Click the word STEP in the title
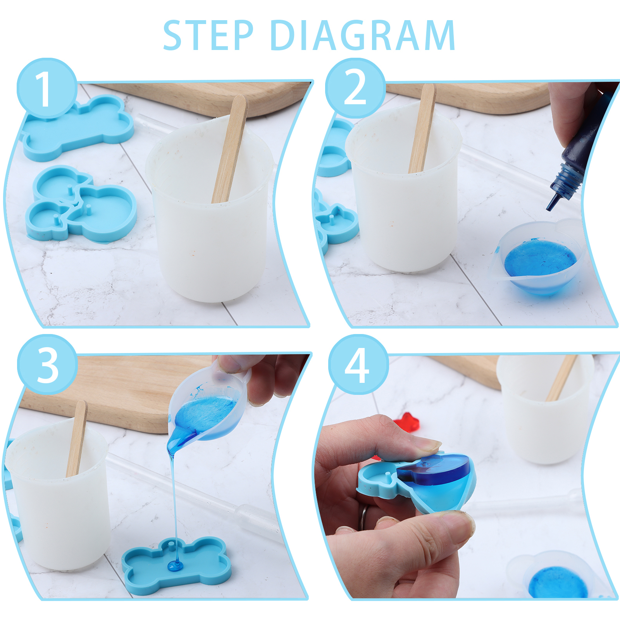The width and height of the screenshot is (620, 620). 208,35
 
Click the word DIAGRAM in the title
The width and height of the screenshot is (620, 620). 363,35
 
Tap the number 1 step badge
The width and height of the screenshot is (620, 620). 46,88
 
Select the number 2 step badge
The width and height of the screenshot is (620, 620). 355,88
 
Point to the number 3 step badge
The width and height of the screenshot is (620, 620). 47,364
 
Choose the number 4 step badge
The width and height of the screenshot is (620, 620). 358,364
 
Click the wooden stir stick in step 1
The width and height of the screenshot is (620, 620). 229,149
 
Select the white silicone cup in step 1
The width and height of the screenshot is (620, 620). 209,211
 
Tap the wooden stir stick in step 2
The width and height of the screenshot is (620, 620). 422,128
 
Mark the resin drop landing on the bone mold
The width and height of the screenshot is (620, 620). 175,567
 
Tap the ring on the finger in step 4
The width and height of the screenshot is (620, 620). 363,517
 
